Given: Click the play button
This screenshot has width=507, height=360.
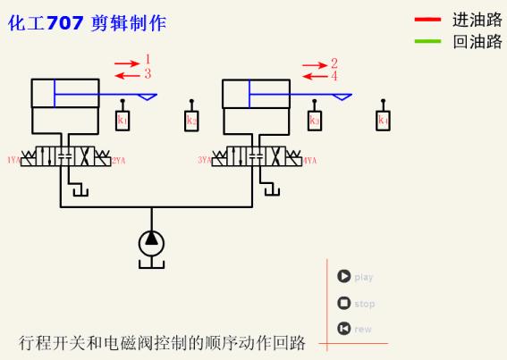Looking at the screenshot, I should click(x=343, y=276).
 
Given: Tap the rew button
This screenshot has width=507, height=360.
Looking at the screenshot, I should click(x=343, y=329).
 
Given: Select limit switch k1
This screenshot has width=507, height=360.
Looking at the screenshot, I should click(x=123, y=120).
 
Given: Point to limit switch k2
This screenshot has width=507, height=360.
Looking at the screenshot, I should click(x=191, y=120).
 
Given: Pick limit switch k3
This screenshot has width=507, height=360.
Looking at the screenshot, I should click(x=314, y=120).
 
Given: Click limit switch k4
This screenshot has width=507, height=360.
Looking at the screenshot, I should click(x=383, y=120).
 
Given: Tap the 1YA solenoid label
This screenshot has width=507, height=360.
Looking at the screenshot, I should click(x=13, y=161).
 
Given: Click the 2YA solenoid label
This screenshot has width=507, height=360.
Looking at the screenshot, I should click(x=119, y=161).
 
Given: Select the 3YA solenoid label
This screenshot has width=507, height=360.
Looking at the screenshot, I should click(x=204, y=161).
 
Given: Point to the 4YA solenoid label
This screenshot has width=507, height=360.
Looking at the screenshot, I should click(x=309, y=161).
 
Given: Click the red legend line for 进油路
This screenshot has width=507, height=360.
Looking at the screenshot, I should click(x=427, y=19).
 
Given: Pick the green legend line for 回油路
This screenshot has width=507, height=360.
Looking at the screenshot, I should click(x=427, y=41).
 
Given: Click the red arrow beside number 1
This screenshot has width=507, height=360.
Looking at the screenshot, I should click(x=127, y=63).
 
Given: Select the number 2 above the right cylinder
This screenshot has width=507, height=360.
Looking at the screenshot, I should click(x=334, y=63).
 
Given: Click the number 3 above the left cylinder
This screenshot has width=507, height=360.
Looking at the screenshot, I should click(x=148, y=73).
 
